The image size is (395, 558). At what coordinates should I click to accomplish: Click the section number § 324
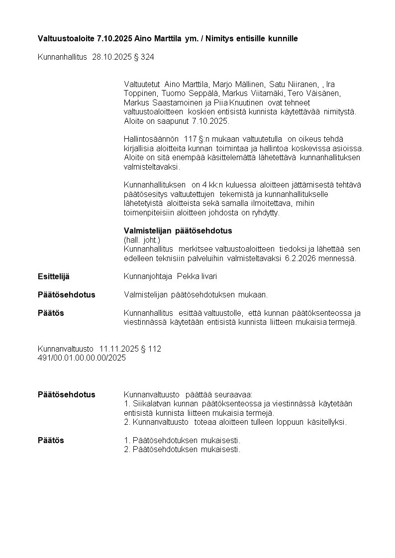(x=144, y=57)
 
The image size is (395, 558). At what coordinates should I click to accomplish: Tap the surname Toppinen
(x=139, y=93)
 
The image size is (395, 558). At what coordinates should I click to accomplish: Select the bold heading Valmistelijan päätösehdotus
(x=178, y=231)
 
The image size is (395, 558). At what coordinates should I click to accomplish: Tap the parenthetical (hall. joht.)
(x=142, y=240)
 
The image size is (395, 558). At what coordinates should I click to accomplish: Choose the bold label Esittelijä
(x=54, y=277)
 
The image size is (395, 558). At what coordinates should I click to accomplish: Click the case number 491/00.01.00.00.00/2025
(x=82, y=358)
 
